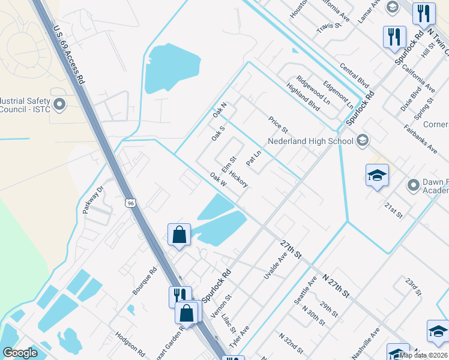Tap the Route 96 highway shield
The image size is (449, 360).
pyautogui.click(x=131, y=203)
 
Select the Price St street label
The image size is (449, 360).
pyautogui.click(x=279, y=125)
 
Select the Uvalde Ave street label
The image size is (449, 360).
pyautogui.click(x=276, y=265)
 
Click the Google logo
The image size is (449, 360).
pyautogui.click(x=20, y=353)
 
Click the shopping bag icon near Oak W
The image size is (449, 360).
pyautogui.click(x=179, y=234)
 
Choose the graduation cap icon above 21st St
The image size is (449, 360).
pyautogui.click(x=376, y=175)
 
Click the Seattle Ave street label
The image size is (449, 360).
pyautogui.click(x=304, y=290)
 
